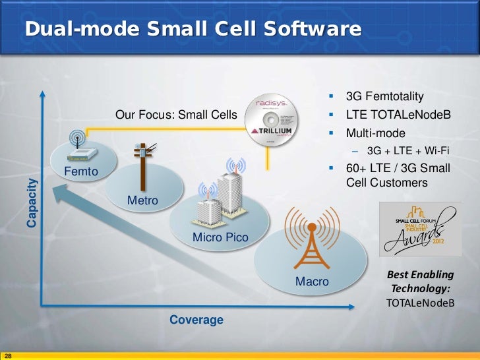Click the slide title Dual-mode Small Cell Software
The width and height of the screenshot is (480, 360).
(x=193, y=30)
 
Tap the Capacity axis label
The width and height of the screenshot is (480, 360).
(x=32, y=202)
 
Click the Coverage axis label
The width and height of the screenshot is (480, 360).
(x=196, y=320)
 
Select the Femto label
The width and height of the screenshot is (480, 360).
(x=81, y=173)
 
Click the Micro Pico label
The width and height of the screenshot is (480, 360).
(x=220, y=237)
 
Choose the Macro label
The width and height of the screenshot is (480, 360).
(x=312, y=282)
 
